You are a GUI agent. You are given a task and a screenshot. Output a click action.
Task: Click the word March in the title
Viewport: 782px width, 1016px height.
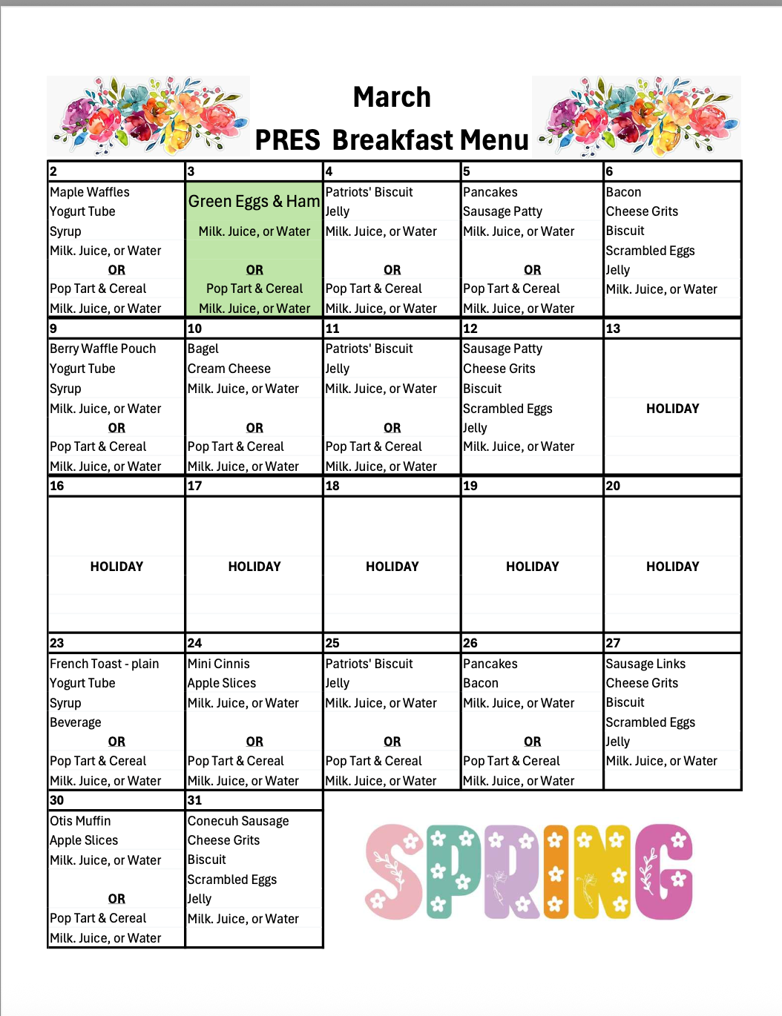[x=392, y=97]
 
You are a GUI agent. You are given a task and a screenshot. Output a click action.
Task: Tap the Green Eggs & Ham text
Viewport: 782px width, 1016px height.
[x=254, y=201]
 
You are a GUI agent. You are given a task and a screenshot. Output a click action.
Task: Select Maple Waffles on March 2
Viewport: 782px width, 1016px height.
[x=90, y=192]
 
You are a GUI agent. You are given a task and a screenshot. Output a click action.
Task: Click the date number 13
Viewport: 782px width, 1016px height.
[x=613, y=329]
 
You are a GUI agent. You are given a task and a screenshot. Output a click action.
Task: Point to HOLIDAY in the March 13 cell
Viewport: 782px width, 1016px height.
[x=672, y=409]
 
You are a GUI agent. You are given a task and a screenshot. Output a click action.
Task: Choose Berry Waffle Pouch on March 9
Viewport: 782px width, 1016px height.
[x=103, y=349]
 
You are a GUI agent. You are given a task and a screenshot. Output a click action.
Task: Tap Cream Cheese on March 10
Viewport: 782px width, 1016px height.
[x=229, y=369]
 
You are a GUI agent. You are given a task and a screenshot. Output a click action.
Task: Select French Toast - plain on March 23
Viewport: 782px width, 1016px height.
[x=105, y=664]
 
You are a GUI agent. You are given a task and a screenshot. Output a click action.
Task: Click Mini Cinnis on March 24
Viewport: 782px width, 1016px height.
[x=219, y=664]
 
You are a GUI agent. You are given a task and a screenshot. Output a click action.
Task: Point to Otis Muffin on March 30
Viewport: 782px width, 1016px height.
[x=80, y=821]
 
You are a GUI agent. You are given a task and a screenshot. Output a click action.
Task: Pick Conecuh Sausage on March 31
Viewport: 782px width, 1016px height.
[x=238, y=821]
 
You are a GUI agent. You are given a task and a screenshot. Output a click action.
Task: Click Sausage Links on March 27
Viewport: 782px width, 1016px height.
[x=645, y=664]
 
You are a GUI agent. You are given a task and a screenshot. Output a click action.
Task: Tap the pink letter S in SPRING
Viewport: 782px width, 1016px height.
[x=394, y=872]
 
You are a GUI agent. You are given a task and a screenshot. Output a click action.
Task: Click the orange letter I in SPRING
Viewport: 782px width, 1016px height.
[x=556, y=872]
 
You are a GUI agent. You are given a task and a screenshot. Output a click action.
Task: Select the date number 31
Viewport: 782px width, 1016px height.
[x=194, y=800]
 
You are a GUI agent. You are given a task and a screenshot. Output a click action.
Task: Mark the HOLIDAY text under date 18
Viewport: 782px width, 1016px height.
[x=392, y=567]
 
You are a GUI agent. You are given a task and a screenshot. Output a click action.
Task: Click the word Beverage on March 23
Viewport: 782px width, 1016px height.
[x=76, y=722]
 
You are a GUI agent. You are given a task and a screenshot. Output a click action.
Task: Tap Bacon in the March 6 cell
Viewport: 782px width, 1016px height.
[x=623, y=192]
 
